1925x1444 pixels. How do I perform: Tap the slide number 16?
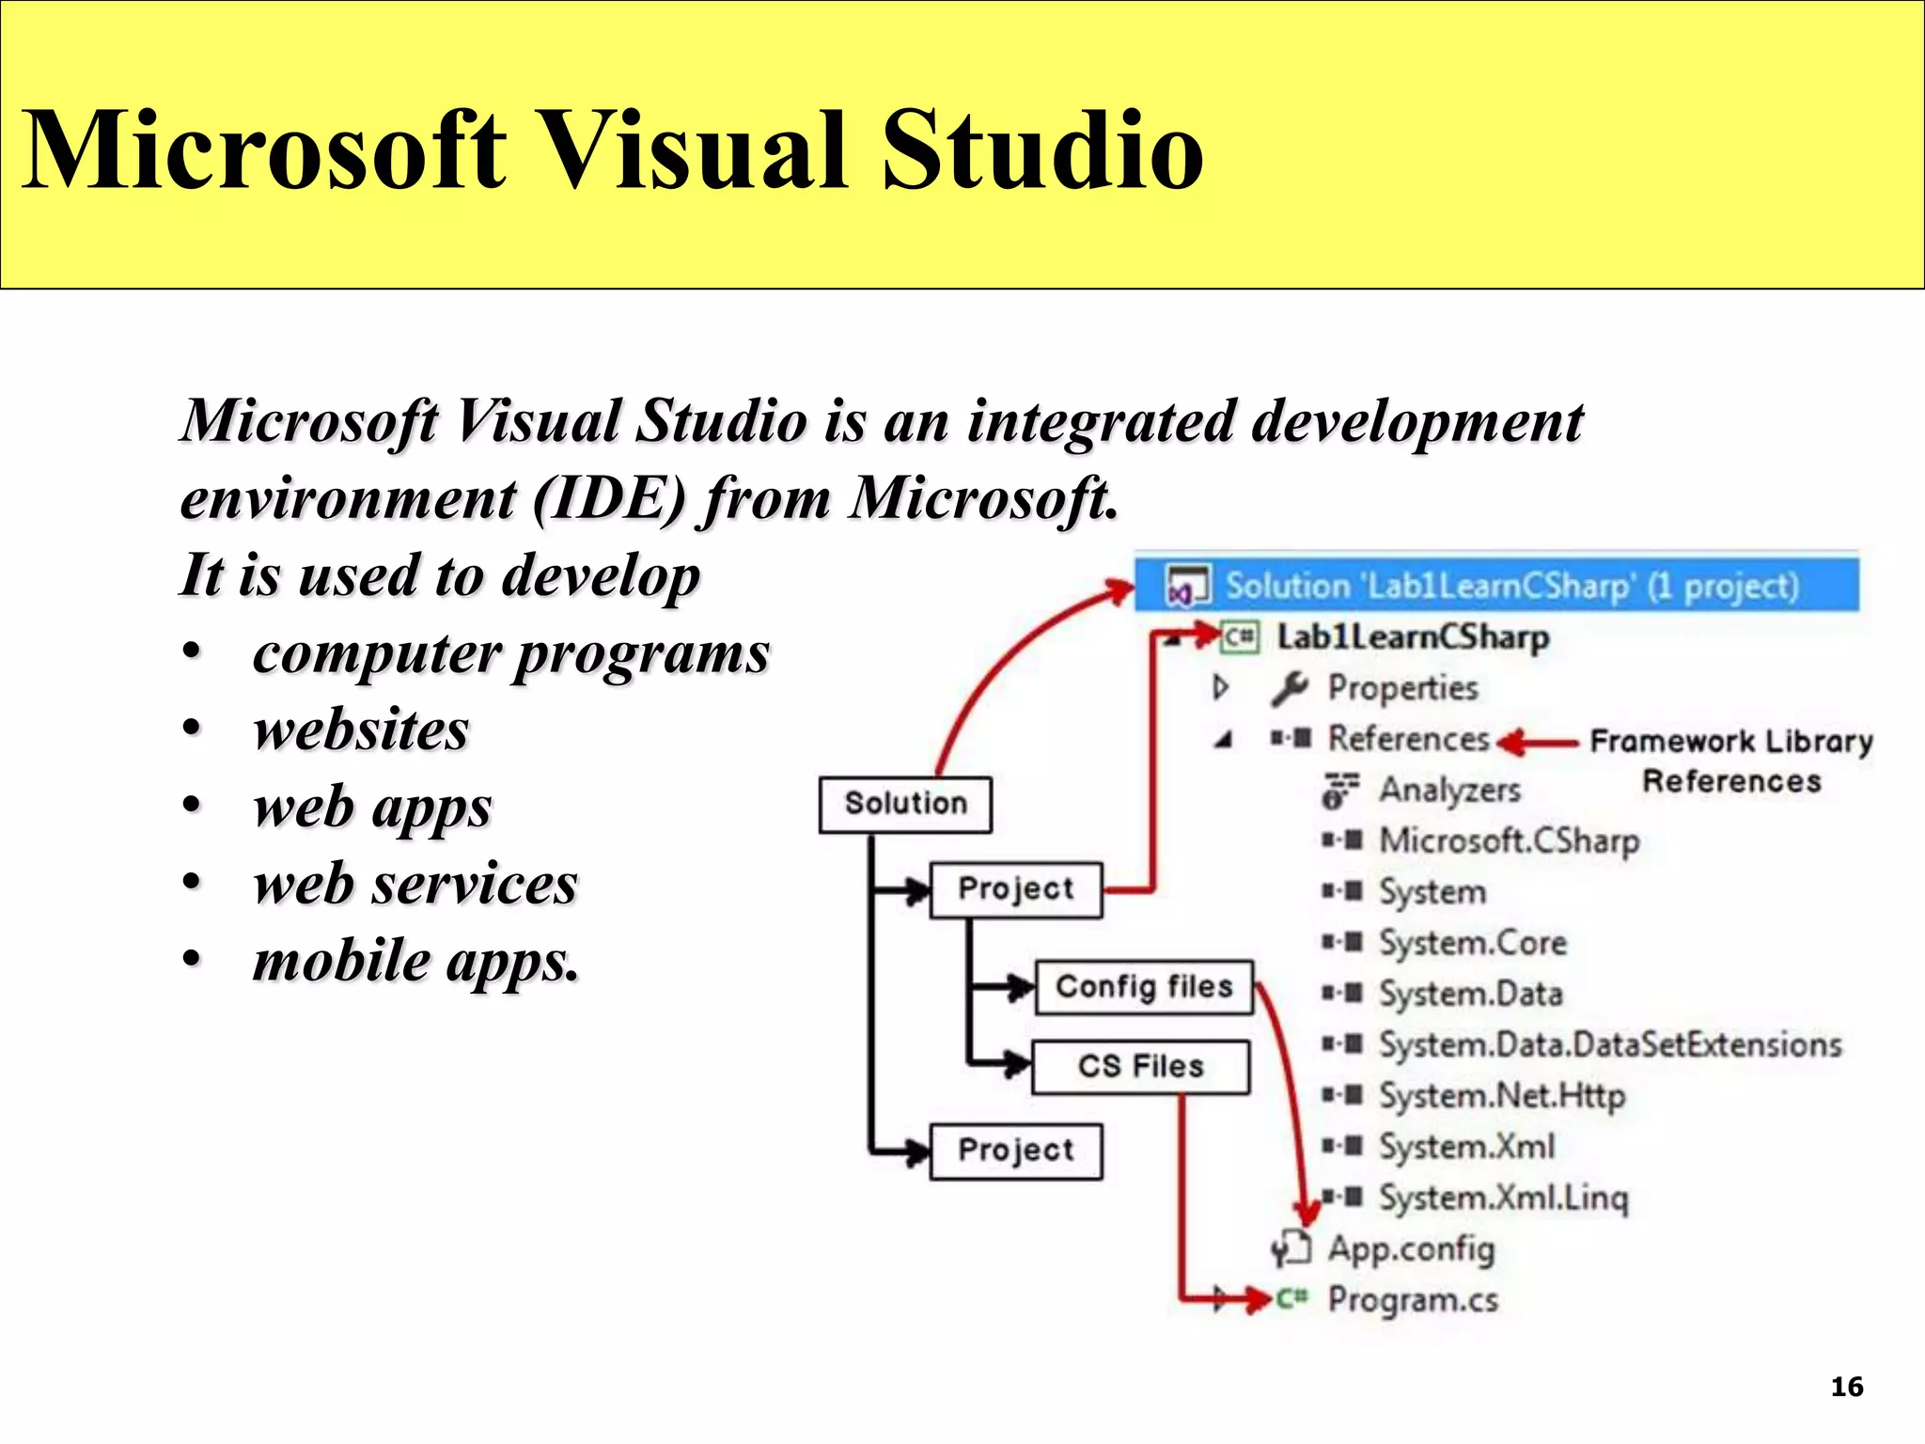tap(1846, 1387)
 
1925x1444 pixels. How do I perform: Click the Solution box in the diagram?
tap(905, 804)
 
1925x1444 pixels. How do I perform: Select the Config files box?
tap(1144, 987)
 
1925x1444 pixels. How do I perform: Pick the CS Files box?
tap(1140, 1066)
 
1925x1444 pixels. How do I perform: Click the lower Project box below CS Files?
tap(1015, 1150)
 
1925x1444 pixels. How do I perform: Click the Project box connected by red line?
tap(1015, 888)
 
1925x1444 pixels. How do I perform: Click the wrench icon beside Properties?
tap(1290, 688)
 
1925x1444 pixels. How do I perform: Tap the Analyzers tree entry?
tap(1448, 790)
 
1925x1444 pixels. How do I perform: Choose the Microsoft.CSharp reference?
tap(1508, 840)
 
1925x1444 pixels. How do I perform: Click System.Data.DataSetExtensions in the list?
tap(1609, 1044)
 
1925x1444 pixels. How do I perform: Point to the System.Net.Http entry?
tap(1501, 1095)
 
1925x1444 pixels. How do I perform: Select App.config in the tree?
tap(1410, 1248)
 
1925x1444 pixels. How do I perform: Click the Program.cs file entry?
tap(1412, 1300)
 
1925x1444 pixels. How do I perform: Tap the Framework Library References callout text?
tap(1730, 761)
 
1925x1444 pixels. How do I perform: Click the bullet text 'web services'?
tap(415, 884)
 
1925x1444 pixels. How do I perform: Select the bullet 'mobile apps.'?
tap(415, 961)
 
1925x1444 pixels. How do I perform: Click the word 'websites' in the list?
tap(361, 730)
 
